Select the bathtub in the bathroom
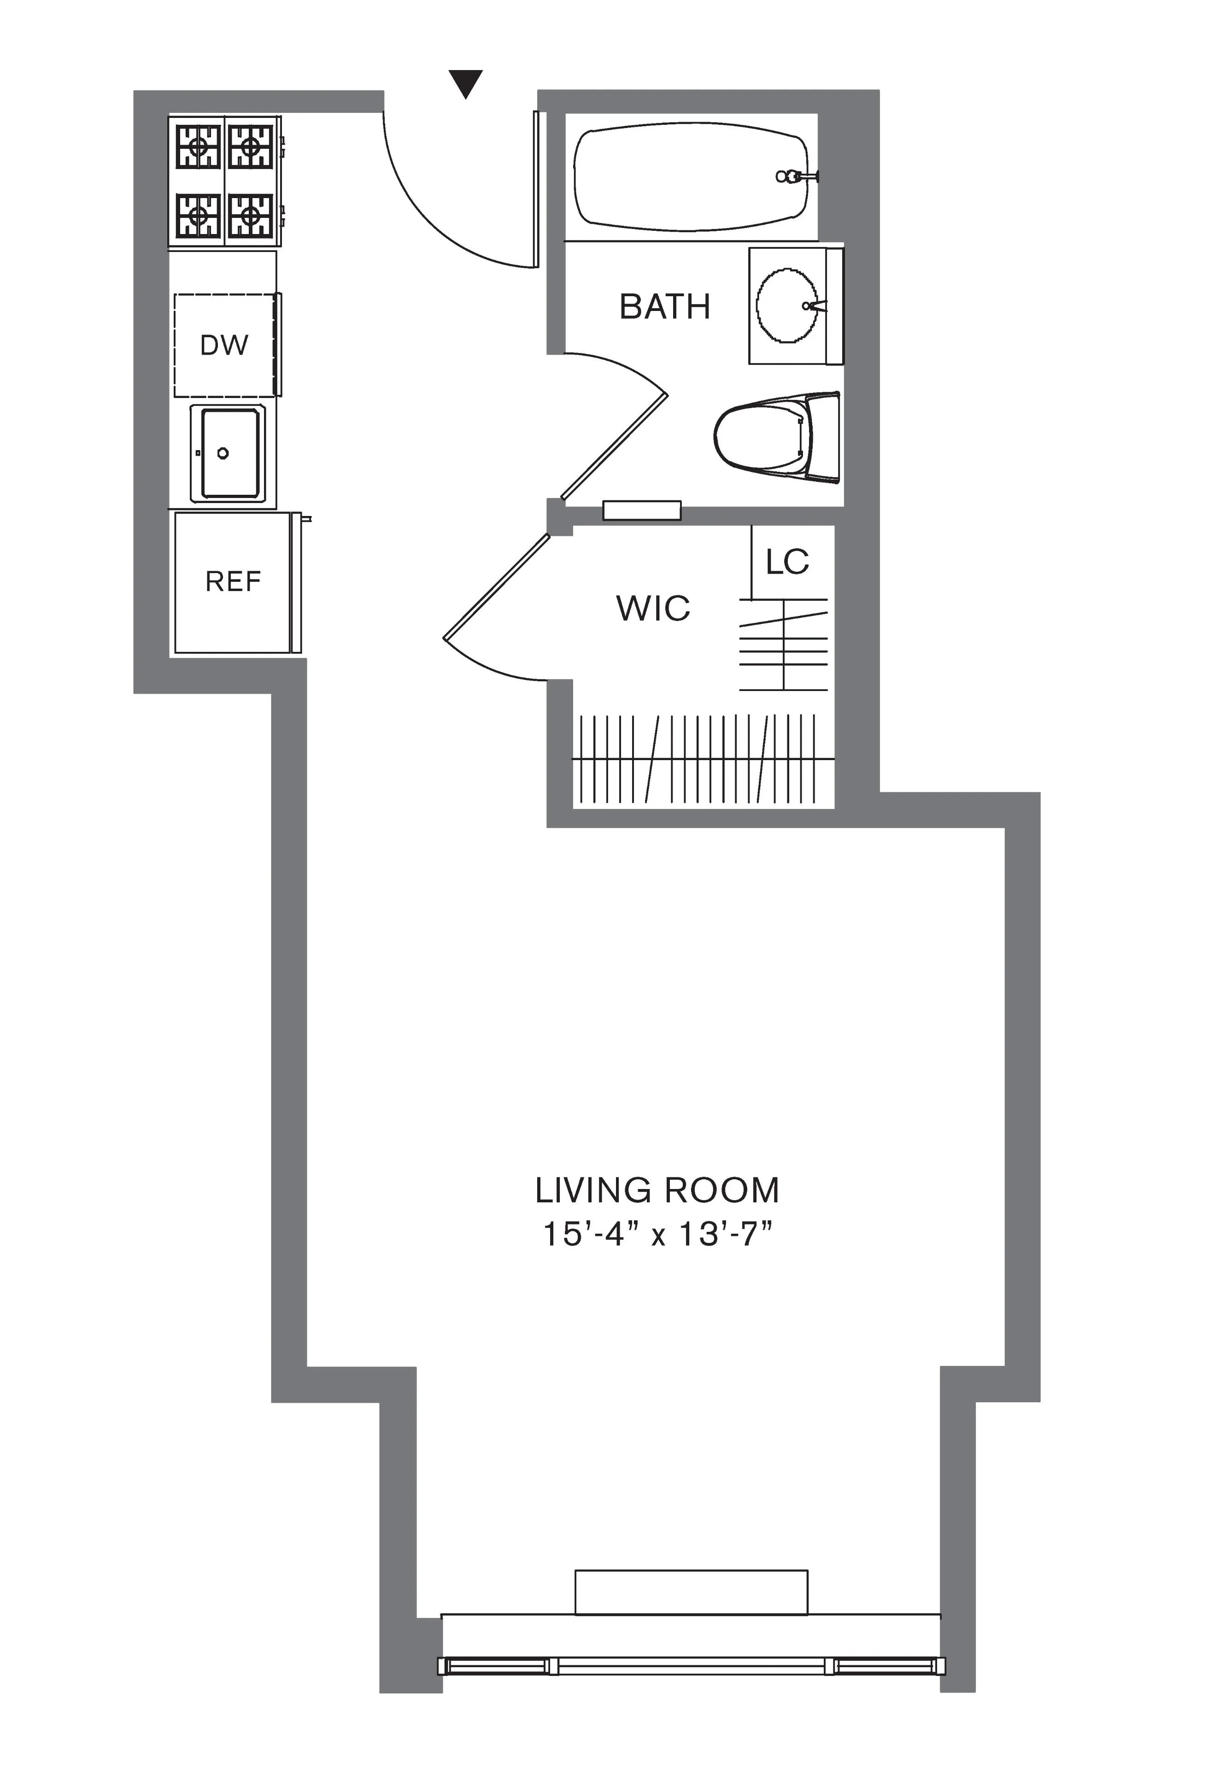[689, 177]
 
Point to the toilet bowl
[757, 436]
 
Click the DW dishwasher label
[224, 346]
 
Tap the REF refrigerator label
[233, 581]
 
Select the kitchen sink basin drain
[223, 454]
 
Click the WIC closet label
[653, 608]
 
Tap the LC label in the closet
[787, 562]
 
